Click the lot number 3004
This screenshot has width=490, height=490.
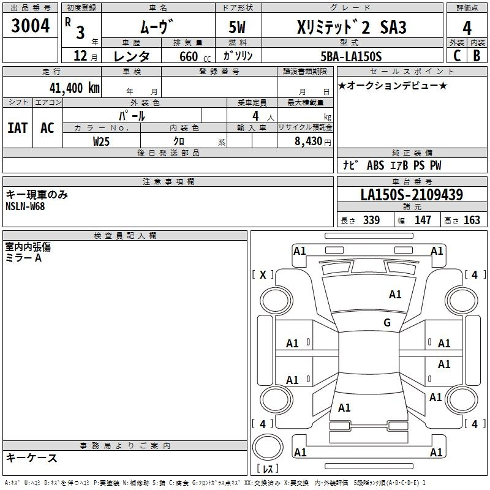31,26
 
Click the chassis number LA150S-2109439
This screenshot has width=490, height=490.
412,195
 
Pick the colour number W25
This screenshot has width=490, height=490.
101,141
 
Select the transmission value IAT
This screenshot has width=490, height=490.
17,128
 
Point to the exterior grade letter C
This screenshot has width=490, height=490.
456,56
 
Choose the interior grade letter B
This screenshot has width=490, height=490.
477,56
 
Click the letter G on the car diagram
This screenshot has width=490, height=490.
387,323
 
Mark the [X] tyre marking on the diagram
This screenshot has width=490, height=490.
263,275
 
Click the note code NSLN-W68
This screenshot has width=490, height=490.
25,206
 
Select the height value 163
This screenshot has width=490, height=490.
472,220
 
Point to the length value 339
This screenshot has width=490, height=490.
371,220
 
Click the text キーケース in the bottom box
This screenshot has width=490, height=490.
31,458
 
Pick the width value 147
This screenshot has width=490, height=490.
423,220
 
